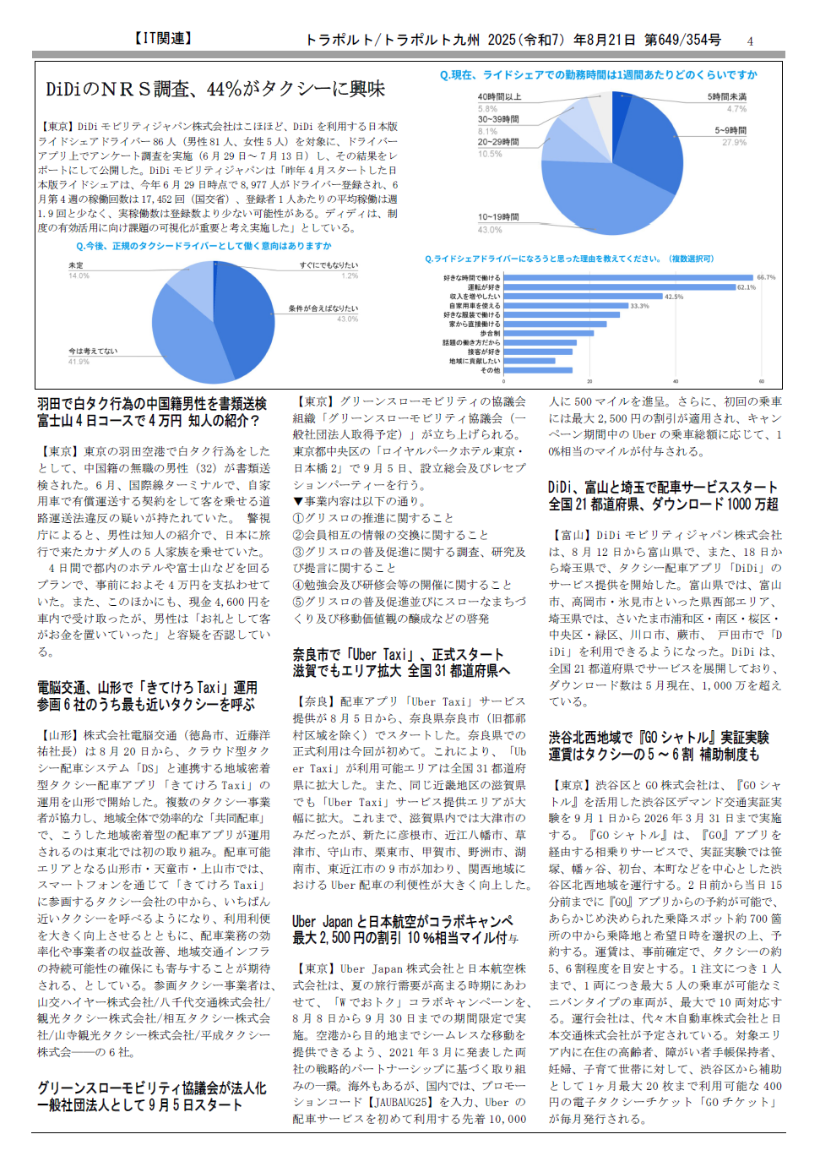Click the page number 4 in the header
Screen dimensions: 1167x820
[750, 41]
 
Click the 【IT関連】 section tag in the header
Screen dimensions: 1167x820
[164, 38]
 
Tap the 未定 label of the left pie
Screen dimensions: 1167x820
[76, 265]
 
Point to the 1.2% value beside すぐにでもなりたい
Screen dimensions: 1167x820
[350, 275]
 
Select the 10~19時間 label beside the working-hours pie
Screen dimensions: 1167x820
[498, 217]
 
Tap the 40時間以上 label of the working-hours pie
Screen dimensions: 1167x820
[499, 97]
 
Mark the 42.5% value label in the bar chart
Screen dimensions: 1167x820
[674, 297]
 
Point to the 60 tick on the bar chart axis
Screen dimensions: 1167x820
[761, 381]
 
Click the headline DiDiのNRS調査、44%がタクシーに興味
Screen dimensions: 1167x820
[215, 89]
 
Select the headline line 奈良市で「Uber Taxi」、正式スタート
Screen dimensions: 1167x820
[398, 654]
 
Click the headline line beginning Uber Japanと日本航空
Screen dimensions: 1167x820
[402, 921]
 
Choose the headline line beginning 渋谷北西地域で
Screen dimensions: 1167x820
[659, 737]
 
